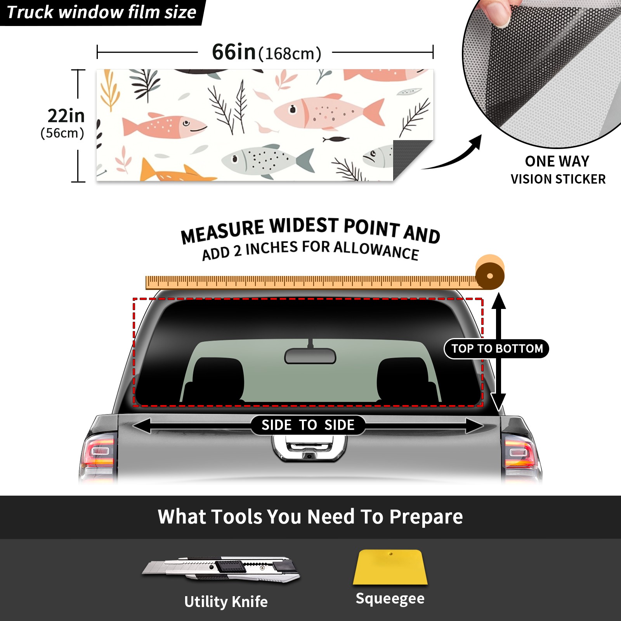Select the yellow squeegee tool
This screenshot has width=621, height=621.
click(390, 567)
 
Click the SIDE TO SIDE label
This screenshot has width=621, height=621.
click(308, 425)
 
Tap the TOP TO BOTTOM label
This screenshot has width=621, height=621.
click(497, 349)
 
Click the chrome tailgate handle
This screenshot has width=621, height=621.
click(309, 448)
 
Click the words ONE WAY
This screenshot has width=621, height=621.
click(557, 161)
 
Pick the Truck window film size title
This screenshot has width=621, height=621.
click(102, 12)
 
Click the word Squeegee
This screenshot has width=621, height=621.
click(390, 598)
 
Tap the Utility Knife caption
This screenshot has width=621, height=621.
click(226, 602)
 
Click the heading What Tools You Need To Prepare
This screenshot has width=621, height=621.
click(310, 517)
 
